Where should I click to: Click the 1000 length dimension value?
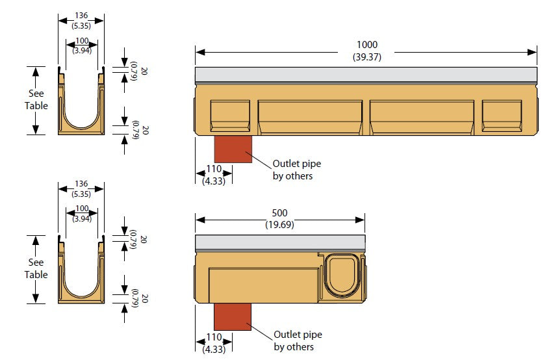pyautogui.click(x=366, y=45)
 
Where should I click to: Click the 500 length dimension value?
pyautogui.click(x=279, y=213)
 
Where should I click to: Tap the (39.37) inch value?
pyautogui.click(x=366, y=57)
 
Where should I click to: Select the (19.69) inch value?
pyautogui.click(x=279, y=224)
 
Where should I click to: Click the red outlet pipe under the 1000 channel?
pyautogui.click(x=233, y=149)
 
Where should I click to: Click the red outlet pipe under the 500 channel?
pyautogui.click(x=233, y=316)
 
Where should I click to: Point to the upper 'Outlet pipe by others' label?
pyautogui.click(x=296, y=170)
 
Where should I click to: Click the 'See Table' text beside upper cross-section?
pyautogui.click(x=36, y=99)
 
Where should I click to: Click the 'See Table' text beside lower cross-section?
pyautogui.click(x=36, y=268)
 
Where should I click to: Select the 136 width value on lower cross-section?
pyautogui.click(x=81, y=184)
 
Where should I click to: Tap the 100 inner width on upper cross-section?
pyautogui.click(x=81, y=42)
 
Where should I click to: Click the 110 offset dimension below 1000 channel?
pyautogui.click(x=214, y=169)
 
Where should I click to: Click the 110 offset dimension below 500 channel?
pyautogui.click(x=214, y=337)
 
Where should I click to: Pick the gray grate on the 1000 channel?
pyautogui.click(x=366, y=74)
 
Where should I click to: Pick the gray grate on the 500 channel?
pyautogui.click(x=279, y=242)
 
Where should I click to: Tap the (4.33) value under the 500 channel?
pyautogui.click(x=214, y=349)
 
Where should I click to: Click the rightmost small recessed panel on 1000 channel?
pyautogui.click(x=502, y=116)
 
